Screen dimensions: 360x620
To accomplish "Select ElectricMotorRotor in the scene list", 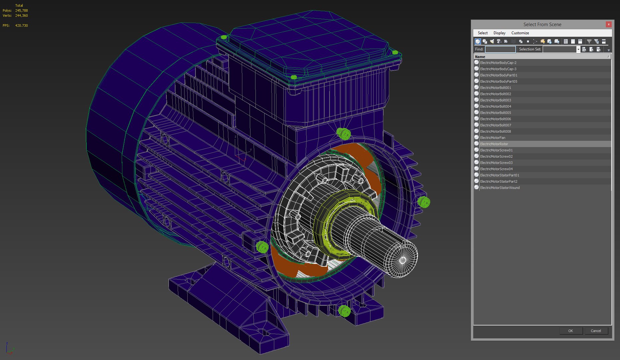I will [x=494, y=144].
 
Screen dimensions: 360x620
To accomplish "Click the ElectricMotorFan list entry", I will [x=492, y=138].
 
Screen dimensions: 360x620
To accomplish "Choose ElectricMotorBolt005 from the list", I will [x=495, y=113].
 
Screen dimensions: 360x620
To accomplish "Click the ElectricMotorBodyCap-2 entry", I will [x=498, y=63].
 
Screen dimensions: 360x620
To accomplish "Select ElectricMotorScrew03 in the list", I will [x=496, y=163].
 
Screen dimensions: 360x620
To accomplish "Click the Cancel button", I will [x=596, y=331].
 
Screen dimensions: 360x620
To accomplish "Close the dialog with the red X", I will [x=608, y=24].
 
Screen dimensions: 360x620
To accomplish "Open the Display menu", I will [x=499, y=33].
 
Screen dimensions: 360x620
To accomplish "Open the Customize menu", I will [x=520, y=33].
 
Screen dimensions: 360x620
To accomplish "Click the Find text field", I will [x=500, y=49].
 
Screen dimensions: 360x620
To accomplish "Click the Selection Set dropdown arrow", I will [x=578, y=49].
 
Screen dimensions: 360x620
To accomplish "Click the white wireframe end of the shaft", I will [x=403, y=260].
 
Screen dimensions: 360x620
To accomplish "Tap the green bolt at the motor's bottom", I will [x=344, y=311].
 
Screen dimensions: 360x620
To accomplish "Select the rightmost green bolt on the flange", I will [x=424, y=202].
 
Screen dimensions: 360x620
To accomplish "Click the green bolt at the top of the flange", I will [x=343, y=134].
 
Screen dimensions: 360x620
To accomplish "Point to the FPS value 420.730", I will [x=21, y=26].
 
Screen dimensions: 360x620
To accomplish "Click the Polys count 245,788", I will [x=21, y=11].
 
